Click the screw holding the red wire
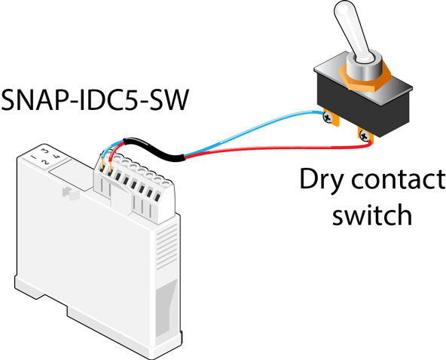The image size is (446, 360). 365,136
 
